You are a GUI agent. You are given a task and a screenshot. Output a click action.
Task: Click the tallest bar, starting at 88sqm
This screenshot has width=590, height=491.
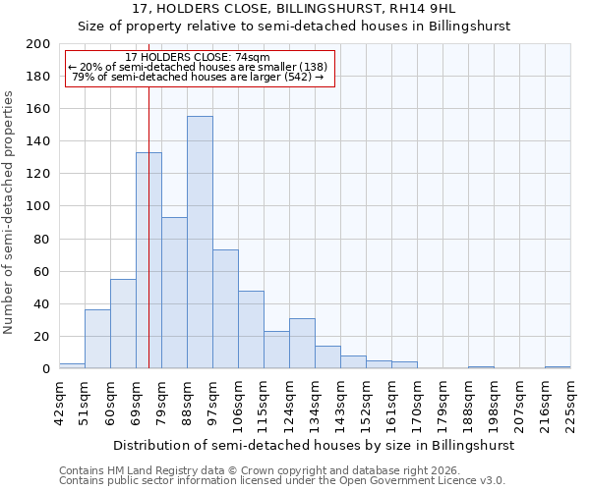200,243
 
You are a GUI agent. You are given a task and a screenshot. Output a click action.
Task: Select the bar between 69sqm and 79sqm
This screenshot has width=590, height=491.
148,260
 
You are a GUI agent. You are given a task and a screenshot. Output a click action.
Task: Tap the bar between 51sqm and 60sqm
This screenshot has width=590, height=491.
97,339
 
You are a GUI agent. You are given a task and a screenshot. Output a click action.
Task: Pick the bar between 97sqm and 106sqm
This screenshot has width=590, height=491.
225,309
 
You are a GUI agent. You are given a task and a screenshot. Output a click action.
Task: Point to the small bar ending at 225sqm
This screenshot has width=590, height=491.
558,367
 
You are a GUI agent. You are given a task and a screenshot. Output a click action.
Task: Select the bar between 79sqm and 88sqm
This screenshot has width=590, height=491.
174,293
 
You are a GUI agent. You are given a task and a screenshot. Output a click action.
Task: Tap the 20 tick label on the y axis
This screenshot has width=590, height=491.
42,337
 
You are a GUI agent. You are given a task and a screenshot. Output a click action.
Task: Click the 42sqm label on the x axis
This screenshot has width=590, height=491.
59,401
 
